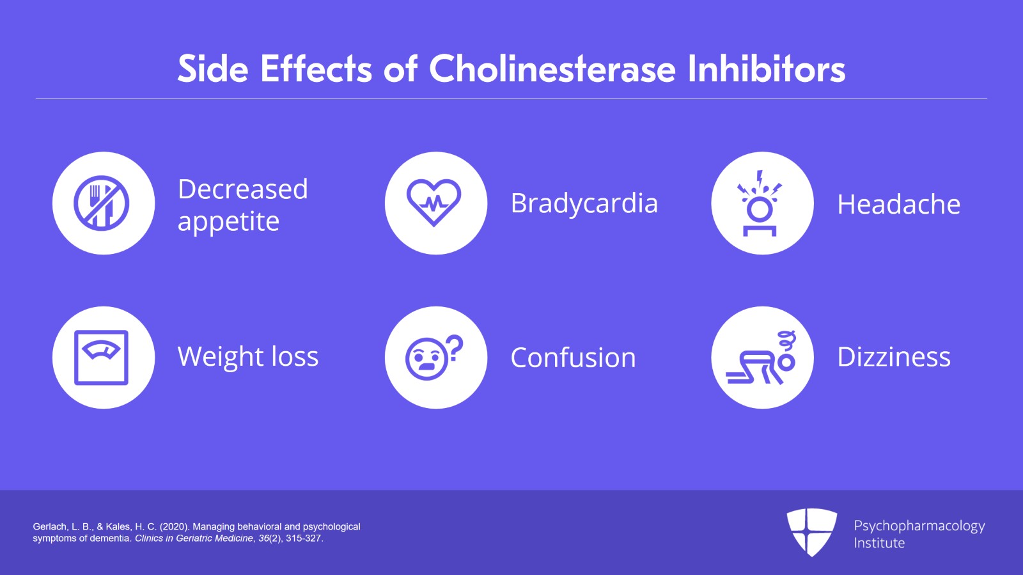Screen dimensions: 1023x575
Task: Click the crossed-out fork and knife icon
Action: point(102,203)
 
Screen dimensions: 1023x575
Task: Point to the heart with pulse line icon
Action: point(434,202)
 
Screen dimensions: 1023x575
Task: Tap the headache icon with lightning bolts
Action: point(760,203)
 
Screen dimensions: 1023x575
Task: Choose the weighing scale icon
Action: point(102,358)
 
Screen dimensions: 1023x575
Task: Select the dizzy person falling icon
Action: point(761,358)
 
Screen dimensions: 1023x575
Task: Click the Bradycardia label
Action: point(584,203)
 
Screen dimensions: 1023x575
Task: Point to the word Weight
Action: point(220,357)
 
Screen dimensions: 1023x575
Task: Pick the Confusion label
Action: point(573,357)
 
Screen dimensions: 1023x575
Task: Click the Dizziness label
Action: point(894,356)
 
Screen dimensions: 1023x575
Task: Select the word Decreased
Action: point(243,189)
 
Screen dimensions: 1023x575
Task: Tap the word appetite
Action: point(228,222)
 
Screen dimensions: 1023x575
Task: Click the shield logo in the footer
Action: point(811,533)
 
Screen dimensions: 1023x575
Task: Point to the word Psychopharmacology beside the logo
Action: point(919,526)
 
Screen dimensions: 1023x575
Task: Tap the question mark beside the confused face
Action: point(455,348)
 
